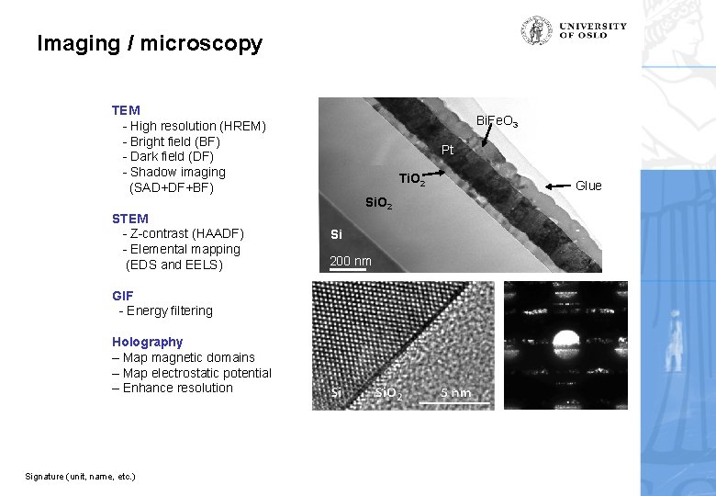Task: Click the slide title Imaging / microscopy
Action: click(150, 43)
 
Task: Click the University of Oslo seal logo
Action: click(537, 30)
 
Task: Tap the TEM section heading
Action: click(126, 110)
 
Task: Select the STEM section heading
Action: click(129, 219)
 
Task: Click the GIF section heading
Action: click(122, 296)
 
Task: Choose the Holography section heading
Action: click(147, 342)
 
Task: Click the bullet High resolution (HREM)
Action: click(196, 126)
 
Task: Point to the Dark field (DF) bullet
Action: click(175, 157)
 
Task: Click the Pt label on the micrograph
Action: click(447, 150)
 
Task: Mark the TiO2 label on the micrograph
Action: click(410, 179)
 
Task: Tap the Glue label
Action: click(588, 186)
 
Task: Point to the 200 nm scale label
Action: click(351, 262)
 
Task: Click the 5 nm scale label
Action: click(455, 393)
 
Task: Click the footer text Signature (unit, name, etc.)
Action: click(80, 476)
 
